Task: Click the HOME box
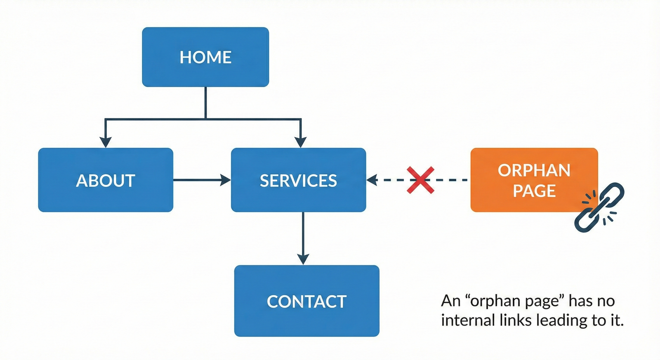[x=205, y=57]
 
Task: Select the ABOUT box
[x=106, y=180]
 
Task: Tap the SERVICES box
[x=299, y=180]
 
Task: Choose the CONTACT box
[x=307, y=301]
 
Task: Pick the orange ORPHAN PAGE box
[x=534, y=180]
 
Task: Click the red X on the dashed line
[x=420, y=180]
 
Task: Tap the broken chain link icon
[x=599, y=207]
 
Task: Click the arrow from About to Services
[x=202, y=180]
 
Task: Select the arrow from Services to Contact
[x=303, y=238]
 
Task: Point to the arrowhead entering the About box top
[x=106, y=142]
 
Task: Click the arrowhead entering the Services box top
[x=301, y=142]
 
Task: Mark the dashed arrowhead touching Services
[x=372, y=180]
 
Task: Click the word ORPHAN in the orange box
[x=534, y=170]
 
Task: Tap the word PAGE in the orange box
[x=534, y=191]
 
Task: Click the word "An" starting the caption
[x=450, y=301]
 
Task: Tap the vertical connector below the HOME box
[x=205, y=103]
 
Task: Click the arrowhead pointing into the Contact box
[x=303, y=259]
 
